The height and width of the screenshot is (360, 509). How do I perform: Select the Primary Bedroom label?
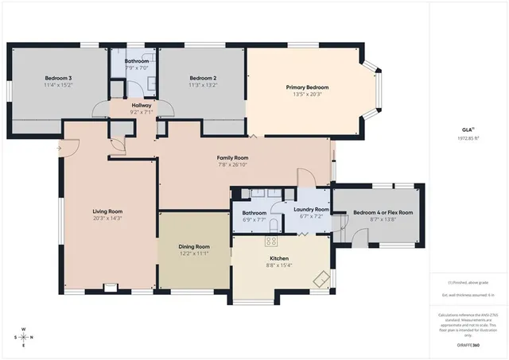(x=307, y=87)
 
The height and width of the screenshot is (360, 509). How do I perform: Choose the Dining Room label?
(x=194, y=246)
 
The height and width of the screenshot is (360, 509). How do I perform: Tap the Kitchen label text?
(x=278, y=258)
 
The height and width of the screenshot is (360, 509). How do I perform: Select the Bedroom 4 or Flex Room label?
(x=383, y=212)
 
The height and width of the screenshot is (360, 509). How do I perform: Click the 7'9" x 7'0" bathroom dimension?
(x=136, y=68)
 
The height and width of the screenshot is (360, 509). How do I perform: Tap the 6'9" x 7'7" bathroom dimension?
(x=254, y=219)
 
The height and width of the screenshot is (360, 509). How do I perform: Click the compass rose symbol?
(x=24, y=336)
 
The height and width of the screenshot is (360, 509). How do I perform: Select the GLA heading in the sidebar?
(x=468, y=129)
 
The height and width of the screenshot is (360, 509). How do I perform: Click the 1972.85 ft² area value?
(x=468, y=137)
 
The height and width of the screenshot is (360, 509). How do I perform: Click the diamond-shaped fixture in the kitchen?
(x=321, y=280)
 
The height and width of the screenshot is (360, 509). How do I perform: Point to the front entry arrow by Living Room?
(x=60, y=147)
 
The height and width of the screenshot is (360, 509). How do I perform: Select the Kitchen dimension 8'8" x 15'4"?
(x=278, y=265)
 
